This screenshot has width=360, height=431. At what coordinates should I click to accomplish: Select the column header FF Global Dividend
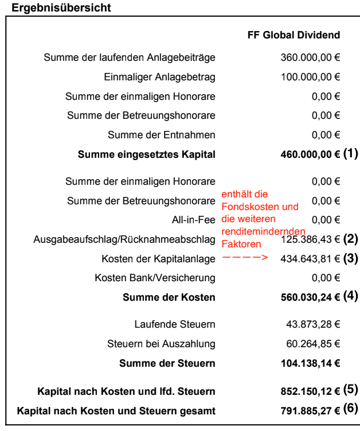pyautogui.click(x=294, y=35)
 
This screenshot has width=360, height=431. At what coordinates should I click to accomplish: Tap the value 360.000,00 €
pyautogui.click(x=310, y=57)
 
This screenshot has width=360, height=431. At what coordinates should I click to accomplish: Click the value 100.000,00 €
pyautogui.click(x=310, y=77)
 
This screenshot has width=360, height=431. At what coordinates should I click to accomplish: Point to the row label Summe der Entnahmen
pyautogui.click(x=162, y=135)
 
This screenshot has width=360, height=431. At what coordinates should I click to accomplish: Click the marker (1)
pyautogui.click(x=350, y=154)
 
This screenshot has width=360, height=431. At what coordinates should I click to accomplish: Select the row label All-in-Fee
pyautogui.click(x=194, y=220)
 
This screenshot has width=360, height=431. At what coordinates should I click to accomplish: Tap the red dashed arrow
pyautogui.click(x=245, y=258)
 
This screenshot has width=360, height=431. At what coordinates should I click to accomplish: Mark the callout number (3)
pyautogui.click(x=350, y=258)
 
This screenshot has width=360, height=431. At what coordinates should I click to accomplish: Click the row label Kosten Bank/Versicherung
pyautogui.click(x=155, y=278)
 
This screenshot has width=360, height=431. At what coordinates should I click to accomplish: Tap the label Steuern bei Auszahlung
pyautogui.click(x=161, y=344)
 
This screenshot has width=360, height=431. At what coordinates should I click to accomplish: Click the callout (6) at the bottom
pyautogui.click(x=350, y=410)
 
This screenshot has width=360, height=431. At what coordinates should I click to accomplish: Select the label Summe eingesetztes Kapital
pyautogui.click(x=147, y=154)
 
